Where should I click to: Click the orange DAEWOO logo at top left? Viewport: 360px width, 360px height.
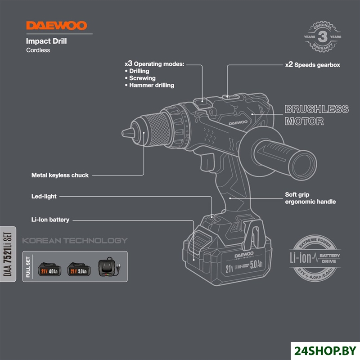(56, 26)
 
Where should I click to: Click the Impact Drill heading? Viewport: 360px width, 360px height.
(47, 41)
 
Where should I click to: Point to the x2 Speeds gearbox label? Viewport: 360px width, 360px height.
(312, 65)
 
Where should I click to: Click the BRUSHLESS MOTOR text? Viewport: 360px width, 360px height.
(316, 115)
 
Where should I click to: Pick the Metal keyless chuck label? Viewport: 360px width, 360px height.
(60, 175)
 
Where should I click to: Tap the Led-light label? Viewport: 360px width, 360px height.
(44, 197)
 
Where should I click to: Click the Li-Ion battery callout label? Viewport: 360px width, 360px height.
(50, 220)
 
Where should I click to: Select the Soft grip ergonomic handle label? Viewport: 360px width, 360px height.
(310, 198)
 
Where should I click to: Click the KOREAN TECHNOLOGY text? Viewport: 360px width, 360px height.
(75, 240)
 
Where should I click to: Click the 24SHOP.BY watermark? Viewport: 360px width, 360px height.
(326, 348)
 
